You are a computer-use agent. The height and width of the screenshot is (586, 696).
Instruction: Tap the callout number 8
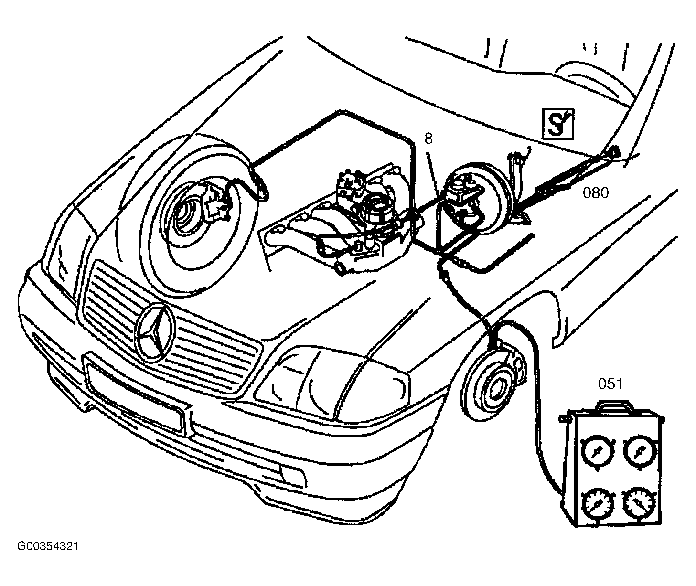(428, 139)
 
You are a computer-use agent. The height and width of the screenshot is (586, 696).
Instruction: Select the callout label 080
(596, 192)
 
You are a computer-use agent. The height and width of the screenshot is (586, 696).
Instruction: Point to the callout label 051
(610, 384)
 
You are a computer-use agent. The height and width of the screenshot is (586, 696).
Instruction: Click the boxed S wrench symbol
(558, 124)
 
